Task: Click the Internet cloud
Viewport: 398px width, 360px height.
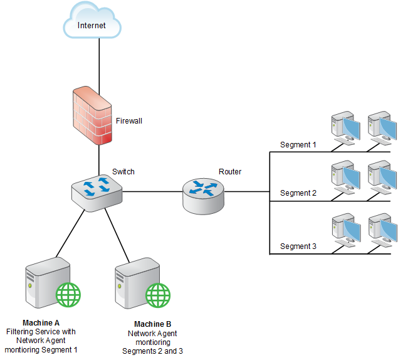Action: tap(92, 21)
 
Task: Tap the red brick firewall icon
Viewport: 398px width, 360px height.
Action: tap(92, 115)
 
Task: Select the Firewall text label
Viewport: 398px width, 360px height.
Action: tap(129, 121)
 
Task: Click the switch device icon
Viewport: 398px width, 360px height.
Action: tap(97, 193)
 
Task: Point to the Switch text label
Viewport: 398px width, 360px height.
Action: tap(123, 172)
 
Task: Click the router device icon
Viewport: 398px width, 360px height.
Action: tap(203, 196)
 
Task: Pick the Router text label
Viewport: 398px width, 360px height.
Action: tap(230, 172)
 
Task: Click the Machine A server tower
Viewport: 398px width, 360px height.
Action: tap(48, 282)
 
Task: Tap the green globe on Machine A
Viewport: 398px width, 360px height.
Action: tap(68, 295)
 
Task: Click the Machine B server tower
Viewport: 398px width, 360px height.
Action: tap(137, 283)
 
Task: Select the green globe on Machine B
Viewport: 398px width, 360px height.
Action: tap(158, 295)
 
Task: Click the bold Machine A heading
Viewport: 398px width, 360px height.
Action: tap(41, 323)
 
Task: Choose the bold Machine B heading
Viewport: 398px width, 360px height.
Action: tap(152, 324)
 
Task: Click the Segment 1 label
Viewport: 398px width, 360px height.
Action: tap(298, 145)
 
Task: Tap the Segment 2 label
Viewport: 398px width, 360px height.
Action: tap(298, 193)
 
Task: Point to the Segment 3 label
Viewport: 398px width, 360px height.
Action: tap(298, 246)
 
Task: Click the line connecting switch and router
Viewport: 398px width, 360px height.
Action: tap(152, 191)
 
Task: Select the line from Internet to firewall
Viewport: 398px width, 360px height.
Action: tap(99, 66)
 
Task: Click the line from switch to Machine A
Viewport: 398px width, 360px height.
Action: tap(70, 233)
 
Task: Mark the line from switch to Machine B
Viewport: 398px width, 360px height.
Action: tap(117, 236)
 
